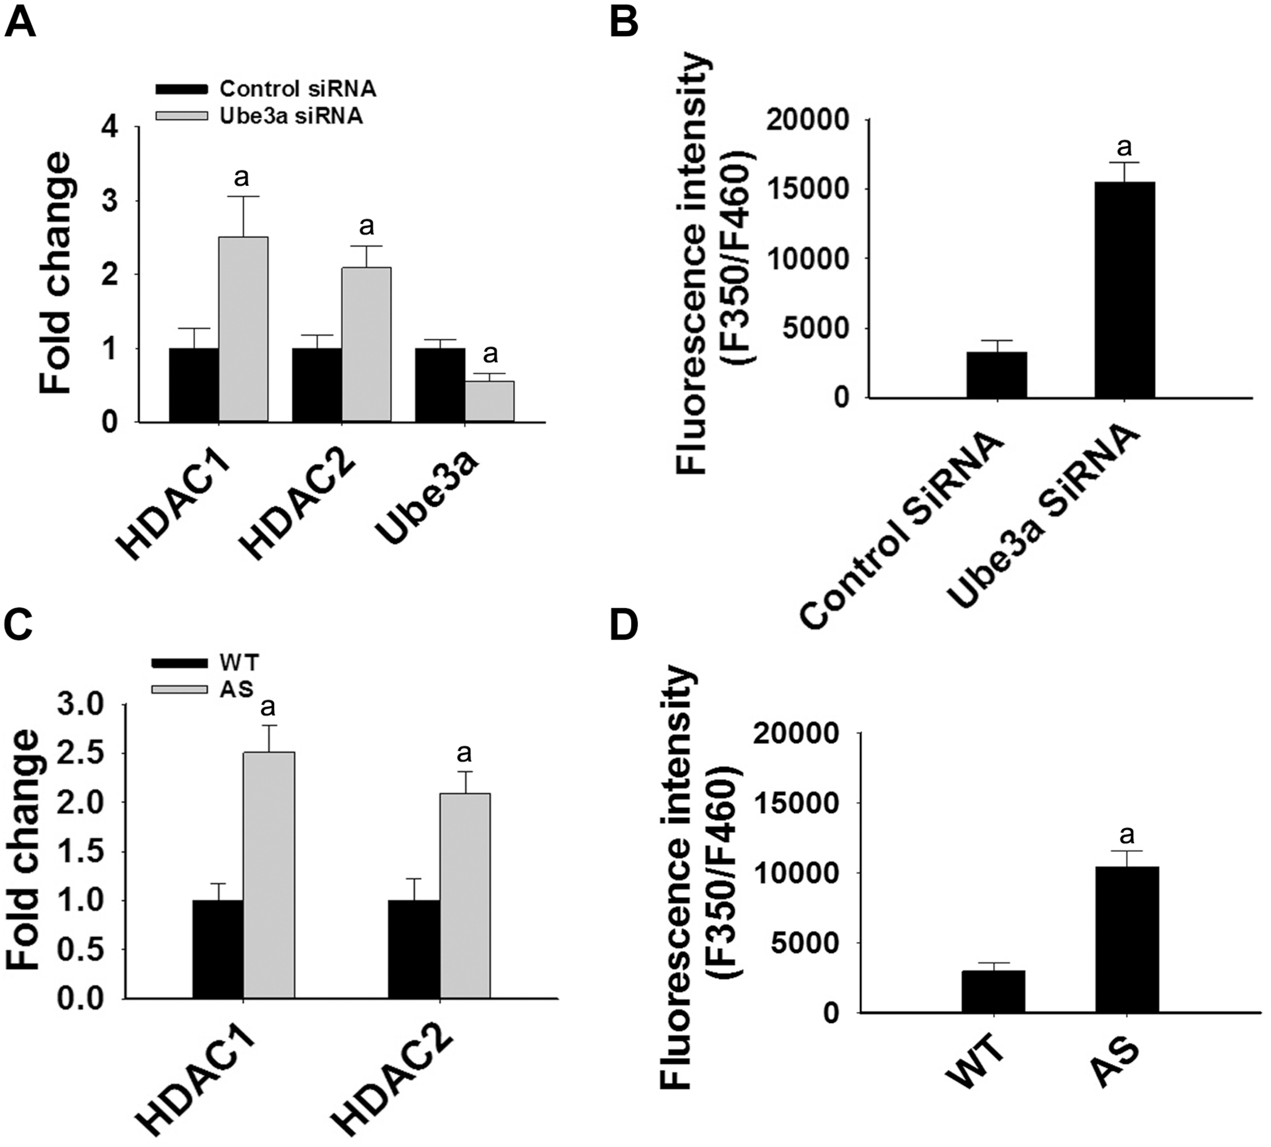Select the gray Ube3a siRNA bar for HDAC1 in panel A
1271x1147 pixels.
pyautogui.click(x=243, y=329)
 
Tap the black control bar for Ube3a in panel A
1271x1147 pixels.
pyautogui.click(x=440, y=385)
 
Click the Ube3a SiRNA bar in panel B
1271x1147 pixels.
pyautogui.click(x=1124, y=290)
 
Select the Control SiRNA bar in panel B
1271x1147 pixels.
pyautogui.click(x=996, y=375)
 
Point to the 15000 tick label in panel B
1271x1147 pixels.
pyautogui.click(x=806, y=189)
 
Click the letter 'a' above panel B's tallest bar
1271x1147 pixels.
pyautogui.click(x=1124, y=147)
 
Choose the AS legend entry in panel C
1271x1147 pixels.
pyautogui.click(x=236, y=689)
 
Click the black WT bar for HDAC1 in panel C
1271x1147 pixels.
pyautogui.click(x=218, y=949)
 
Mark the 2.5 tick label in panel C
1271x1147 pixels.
pyautogui.click(x=83, y=753)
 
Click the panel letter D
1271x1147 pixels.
pyautogui.click(x=624, y=626)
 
